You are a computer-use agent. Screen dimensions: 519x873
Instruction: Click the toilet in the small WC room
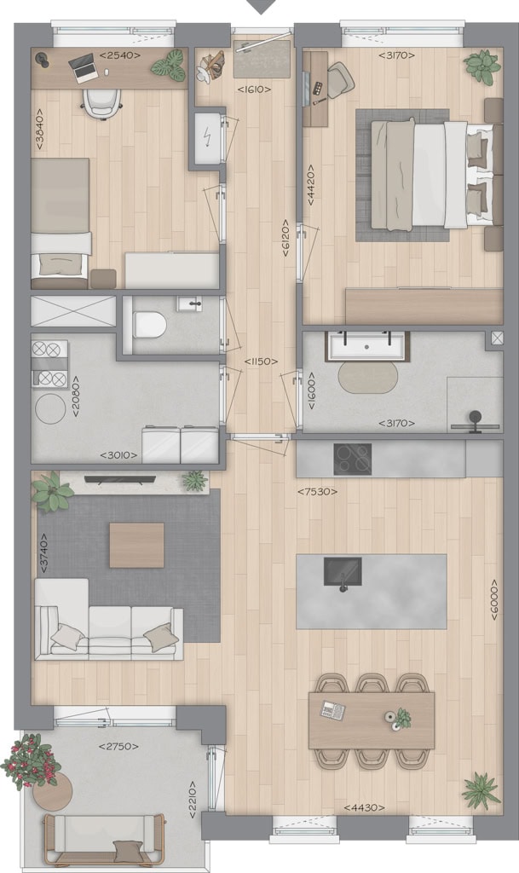point(149,325)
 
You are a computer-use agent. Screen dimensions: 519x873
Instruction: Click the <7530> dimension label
point(317,492)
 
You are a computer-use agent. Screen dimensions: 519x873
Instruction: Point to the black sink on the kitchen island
point(343,572)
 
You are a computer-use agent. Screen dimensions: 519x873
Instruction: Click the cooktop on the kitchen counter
point(353,459)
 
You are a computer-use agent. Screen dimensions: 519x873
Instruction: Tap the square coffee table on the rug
point(137,545)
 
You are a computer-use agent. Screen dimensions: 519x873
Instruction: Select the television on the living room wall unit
point(120,479)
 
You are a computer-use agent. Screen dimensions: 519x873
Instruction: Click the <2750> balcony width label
point(118,746)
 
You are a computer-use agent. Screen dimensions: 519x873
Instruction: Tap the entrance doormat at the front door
point(262,59)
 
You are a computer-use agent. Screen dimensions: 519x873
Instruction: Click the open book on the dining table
point(332,710)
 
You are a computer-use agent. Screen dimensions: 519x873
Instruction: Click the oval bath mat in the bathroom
point(368,378)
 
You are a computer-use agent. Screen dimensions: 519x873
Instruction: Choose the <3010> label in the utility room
point(118,455)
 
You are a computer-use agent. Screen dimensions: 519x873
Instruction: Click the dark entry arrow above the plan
point(262,7)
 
